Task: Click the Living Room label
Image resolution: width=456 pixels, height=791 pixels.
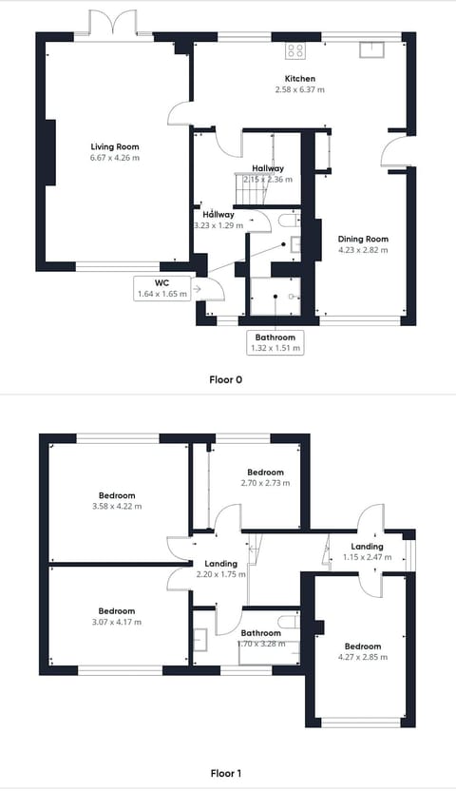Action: (115, 146)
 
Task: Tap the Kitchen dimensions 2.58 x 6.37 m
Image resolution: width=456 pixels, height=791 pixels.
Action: (300, 89)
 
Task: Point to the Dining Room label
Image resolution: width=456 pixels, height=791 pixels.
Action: (364, 239)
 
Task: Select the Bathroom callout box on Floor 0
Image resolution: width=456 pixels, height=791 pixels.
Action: (275, 342)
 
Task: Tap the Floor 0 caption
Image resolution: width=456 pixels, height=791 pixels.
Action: (226, 378)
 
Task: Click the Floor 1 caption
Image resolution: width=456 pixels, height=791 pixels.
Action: (226, 774)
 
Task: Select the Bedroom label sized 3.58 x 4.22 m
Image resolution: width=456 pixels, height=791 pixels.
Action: (117, 495)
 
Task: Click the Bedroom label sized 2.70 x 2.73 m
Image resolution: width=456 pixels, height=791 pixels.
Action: (266, 473)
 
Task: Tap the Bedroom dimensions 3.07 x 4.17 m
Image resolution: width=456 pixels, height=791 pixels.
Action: (117, 622)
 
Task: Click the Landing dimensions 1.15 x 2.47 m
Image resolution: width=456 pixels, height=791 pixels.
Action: (367, 557)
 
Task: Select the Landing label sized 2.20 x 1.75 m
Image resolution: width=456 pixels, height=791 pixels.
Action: (220, 563)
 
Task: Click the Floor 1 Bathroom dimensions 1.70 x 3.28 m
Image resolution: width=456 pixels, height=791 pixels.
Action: (260, 644)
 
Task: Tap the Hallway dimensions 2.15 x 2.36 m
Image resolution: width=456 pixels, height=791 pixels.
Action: (267, 179)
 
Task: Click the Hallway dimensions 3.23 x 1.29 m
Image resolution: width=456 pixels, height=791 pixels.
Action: (218, 225)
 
